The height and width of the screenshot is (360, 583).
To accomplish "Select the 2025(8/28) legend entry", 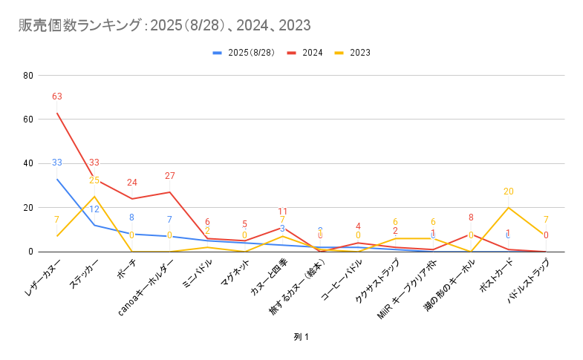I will [248, 53].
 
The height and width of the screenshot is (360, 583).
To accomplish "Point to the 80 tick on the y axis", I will [28, 76].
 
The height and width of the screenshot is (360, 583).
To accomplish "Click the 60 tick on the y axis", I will [28, 120].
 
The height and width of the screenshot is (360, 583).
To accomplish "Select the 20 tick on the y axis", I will [28, 208].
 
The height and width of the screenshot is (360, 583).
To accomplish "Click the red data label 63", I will [57, 96].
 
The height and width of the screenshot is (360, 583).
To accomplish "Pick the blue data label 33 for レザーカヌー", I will [57, 163].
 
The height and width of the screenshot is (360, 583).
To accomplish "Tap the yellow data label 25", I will [94, 180].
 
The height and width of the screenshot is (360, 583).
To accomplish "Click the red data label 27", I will [169, 176].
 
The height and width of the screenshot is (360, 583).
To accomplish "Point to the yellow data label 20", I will [508, 192].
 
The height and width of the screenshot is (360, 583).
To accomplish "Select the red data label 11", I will [282, 212].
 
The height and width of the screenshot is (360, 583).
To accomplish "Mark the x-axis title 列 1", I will [301, 337].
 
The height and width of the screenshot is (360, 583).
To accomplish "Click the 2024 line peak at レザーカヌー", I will [57, 113].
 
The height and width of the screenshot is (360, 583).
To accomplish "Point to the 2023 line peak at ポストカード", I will [508, 208].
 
